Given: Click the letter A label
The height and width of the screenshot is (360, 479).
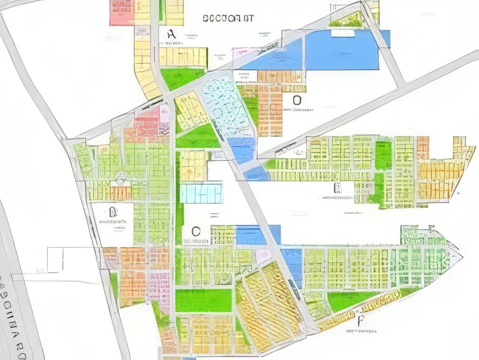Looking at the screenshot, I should tap(171, 34).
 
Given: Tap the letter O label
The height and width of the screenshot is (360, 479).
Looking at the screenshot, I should tap(297, 100).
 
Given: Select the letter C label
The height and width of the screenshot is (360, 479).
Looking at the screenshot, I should tap(196, 232).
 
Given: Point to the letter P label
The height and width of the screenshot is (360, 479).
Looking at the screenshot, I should tap(360, 321).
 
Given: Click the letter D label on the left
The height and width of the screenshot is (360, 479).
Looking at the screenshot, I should tap(113, 211).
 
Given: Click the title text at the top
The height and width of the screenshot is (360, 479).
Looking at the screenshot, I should tap(228, 18).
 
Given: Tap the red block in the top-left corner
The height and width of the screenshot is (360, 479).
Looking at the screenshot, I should tap(121, 13).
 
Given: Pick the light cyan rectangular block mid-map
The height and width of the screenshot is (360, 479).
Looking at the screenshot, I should tap(201, 193).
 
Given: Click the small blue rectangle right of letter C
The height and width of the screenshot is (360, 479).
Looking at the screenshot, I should tap(251, 235).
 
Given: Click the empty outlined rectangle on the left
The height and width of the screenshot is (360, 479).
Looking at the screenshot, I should tap(56, 259).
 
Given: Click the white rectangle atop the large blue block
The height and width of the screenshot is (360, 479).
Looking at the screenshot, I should tap(344, 33).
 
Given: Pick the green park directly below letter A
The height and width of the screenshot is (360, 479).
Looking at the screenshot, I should tap(182, 78).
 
